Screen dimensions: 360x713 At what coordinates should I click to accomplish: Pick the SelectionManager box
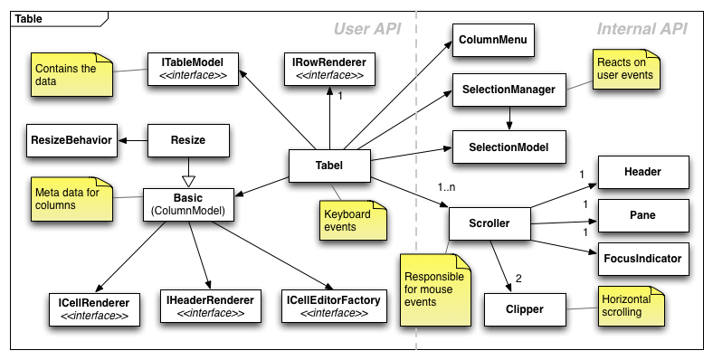(507, 89)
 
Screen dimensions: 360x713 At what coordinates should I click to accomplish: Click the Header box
(642, 172)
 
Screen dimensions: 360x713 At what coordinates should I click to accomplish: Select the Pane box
(642, 215)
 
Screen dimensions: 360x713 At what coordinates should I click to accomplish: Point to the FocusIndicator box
(642, 258)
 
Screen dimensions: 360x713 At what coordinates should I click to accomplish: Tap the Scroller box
(489, 223)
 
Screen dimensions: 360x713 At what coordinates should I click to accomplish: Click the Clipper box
(512, 309)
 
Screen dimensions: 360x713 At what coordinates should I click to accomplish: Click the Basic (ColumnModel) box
(187, 204)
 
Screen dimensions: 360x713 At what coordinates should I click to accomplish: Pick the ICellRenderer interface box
(93, 307)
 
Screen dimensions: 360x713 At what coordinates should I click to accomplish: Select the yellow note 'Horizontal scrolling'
(628, 305)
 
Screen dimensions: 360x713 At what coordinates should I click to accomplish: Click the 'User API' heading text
(366, 29)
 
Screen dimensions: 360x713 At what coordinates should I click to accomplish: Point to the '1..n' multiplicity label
(448, 187)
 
